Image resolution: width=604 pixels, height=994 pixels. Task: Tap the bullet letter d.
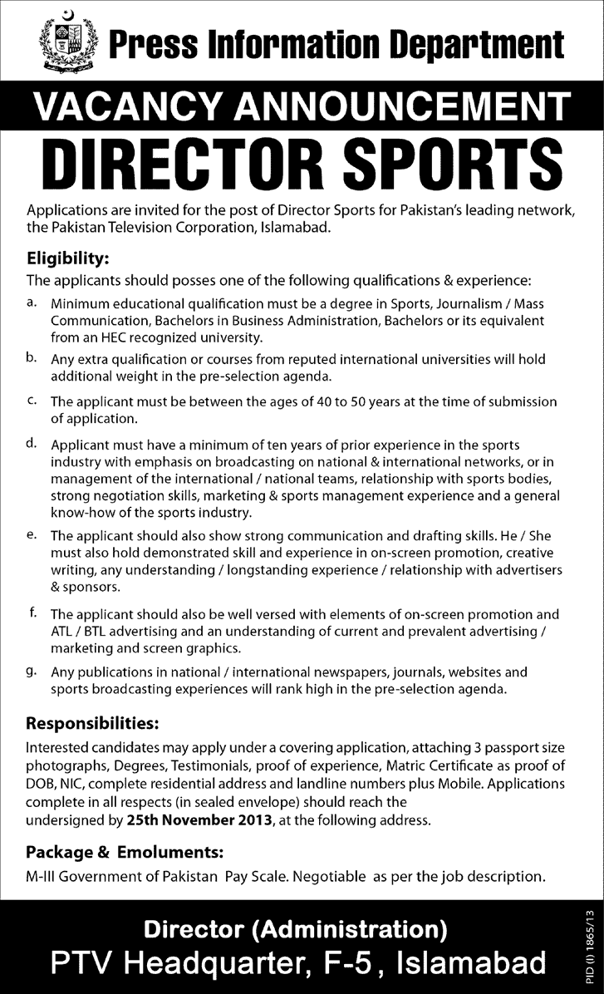pyautogui.click(x=31, y=444)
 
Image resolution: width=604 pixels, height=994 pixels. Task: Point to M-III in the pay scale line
pyautogui.click(x=42, y=876)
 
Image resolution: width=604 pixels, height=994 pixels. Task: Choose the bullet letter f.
pyautogui.click(x=31, y=614)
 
